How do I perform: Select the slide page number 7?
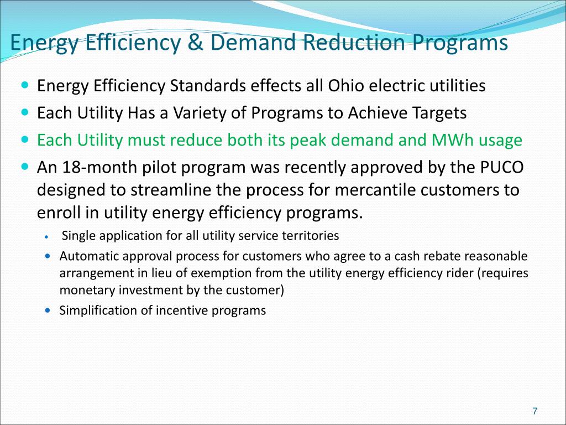pos(534,411)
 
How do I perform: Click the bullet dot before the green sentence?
pos(27,139)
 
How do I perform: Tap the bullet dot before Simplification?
pos(48,310)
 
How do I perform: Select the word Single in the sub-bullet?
pos(80,236)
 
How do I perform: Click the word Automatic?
pos(88,256)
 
